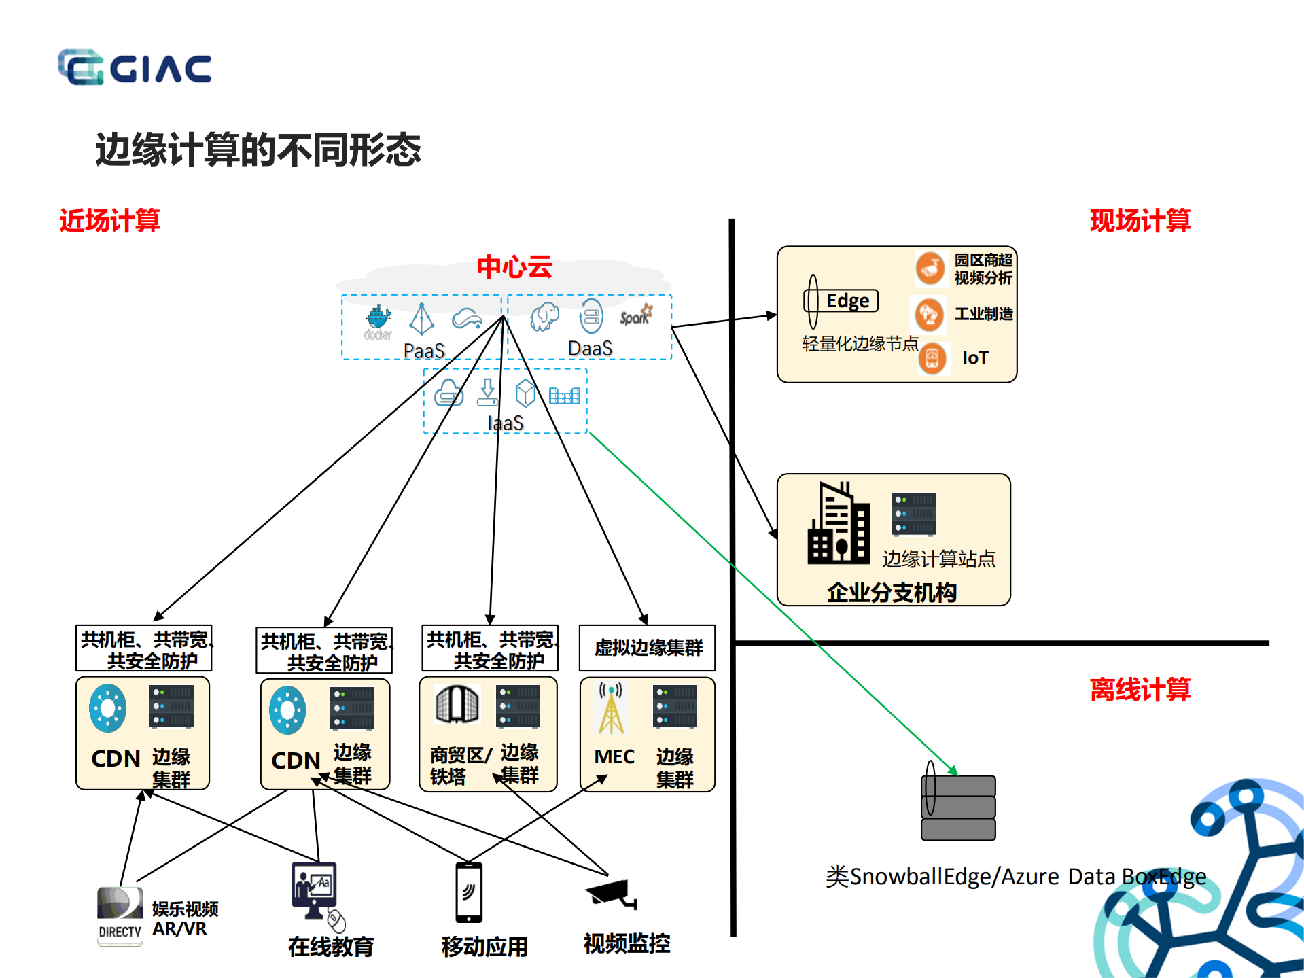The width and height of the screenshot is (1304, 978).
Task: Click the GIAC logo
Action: point(135,67)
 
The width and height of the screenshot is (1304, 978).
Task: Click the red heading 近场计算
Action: point(109,221)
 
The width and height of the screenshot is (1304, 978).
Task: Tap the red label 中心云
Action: point(514,266)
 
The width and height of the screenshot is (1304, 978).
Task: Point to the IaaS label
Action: point(506,423)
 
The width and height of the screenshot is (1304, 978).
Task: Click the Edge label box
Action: point(847,300)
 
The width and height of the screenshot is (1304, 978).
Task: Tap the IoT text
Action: point(975,357)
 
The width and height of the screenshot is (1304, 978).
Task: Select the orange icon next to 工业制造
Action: point(928,314)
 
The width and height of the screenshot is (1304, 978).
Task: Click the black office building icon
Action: point(839,524)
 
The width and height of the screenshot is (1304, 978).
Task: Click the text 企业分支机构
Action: point(892,592)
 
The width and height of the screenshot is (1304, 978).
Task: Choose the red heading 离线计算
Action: point(1140,690)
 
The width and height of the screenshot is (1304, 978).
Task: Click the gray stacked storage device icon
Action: point(958,807)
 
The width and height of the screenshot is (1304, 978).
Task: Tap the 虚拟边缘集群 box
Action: point(647,648)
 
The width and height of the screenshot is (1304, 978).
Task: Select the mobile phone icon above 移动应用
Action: point(469,892)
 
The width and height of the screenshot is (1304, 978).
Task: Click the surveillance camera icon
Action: point(611,893)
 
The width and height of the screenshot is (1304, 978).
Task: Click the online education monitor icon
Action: point(315,890)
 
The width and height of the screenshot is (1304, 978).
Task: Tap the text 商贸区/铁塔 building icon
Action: point(457,704)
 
